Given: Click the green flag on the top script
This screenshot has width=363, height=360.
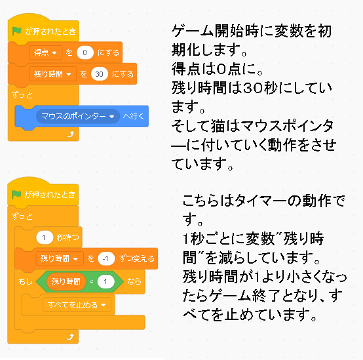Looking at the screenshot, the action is click(x=16, y=31).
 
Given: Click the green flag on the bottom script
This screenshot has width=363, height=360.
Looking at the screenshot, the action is click(x=16, y=194).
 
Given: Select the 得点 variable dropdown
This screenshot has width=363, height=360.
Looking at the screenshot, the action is click(x=45, y=52).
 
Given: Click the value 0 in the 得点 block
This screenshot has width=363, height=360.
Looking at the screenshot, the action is click(x=85, y=52).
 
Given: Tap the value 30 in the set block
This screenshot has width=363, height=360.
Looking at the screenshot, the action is click(x=100, y=74).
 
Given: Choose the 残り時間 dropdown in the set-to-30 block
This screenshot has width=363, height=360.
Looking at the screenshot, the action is click(x=52, y=74).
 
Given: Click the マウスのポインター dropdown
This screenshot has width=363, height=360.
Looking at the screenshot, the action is click(x=78, y=116).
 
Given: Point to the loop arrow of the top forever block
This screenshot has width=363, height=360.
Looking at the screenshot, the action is click(x=70, y=134).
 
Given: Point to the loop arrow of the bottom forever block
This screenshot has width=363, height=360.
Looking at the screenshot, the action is click(x=70, y=336).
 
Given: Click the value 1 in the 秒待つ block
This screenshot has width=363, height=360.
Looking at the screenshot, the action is click(x=45, y=237).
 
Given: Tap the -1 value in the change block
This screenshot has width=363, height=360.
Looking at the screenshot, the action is click(x=106, y=258).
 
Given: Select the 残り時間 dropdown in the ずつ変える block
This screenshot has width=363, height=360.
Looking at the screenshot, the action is click(x=60, y=258).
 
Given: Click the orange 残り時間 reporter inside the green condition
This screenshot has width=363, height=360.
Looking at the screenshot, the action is click(x=66, y=281).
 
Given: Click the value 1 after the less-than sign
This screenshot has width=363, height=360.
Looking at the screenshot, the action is click(x=105, y=281).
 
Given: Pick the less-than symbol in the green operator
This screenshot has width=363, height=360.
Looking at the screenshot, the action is click(x=92, y=282).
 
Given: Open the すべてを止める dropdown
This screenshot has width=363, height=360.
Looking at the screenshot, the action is click(x=77, y=305).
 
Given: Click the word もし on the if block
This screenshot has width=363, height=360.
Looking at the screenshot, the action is click(x=25, y=281).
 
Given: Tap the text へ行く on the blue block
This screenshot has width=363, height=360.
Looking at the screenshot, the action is click(x=134, y=116).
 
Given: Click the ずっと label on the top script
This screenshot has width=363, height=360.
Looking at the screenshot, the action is click(x=22, y=94).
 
